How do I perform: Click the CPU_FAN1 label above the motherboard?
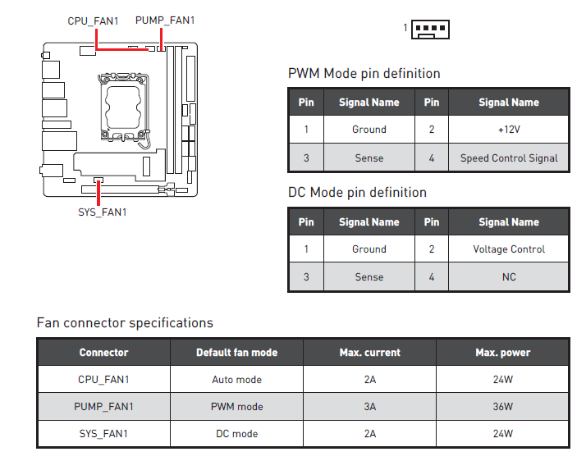pos(93,21)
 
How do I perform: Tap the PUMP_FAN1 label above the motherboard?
pos(164,21)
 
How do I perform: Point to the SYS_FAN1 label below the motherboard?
pos(97,212)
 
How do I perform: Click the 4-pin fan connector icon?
pos(430,30)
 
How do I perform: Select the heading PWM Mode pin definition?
pos(364,74)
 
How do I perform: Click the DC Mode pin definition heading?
pos(357,193)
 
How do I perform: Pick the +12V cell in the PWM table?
pos(508,130)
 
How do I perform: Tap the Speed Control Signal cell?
pos(508,158)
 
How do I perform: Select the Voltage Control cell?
pos(508,249)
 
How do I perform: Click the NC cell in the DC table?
pos(508,277)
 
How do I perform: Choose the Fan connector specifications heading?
pos(125,322)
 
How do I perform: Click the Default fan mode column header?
pos(236,353)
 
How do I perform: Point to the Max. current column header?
pos(369,353)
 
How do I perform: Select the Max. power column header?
pos(502,353)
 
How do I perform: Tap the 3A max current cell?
pos(369,407)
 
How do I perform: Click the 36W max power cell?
pos(502,407)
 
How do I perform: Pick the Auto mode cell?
pos(236,380)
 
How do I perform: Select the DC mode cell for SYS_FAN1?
pos(236,434)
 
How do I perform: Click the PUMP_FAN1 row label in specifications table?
pos(103,407)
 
